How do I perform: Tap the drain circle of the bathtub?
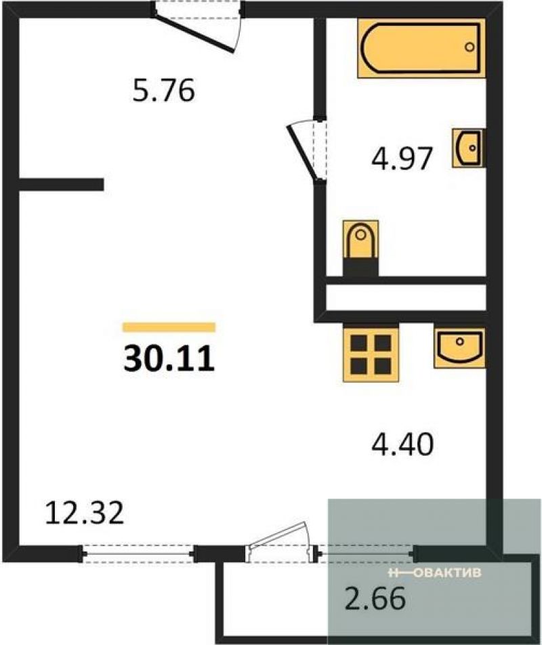coord(470,47)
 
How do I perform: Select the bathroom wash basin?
coord(468,148)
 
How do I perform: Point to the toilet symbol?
coord(360,248)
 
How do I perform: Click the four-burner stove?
coord(371,352)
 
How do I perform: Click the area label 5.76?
coord(163,91)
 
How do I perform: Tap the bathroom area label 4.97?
coord(402,159)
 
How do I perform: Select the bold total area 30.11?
coord(169,358)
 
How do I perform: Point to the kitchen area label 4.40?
coord(402,444)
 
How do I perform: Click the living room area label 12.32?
coord(84,513)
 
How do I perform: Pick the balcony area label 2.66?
coord(375,598)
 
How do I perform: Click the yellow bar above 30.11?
coord(169,327)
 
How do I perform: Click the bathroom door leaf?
coord(303,153)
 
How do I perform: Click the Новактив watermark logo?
coord(434,573)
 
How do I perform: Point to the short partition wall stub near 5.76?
coord(61,184)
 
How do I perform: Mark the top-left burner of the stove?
coord(358,342)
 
